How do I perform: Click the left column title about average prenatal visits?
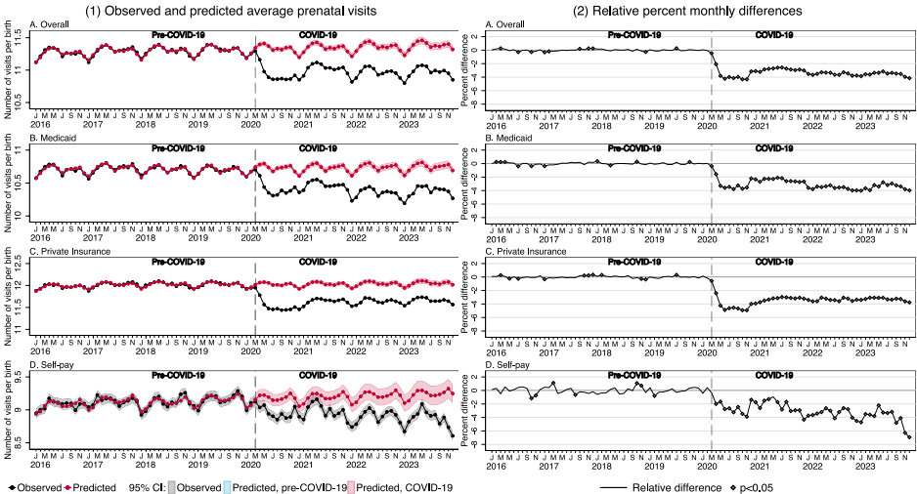pos(231,11)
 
